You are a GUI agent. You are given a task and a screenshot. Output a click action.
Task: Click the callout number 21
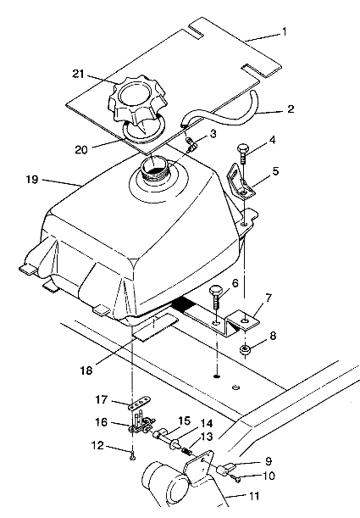[x=78, y=74]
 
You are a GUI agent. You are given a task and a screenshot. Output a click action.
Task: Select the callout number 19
[x=32, y=180]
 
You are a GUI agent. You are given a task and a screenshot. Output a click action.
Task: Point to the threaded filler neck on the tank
[x=154, y=170]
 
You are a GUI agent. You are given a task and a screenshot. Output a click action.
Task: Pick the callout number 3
[x=213, y=134]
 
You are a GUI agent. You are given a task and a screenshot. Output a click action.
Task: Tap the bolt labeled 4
[x=242, y=153]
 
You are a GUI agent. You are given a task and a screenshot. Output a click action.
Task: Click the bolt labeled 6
[x=217, y=297]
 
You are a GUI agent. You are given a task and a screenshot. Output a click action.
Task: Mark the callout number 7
[x=268, y=298]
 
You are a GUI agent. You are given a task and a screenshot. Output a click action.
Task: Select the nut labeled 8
[x=245, y=349]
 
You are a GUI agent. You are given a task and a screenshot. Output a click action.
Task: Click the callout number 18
[x=86, y=370]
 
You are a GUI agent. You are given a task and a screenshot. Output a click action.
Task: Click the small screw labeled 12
[x=132, y=457]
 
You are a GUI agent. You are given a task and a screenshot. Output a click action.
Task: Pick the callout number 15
[x=185, y=421]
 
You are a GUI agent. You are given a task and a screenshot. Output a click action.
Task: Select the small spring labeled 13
[x=187, y=450]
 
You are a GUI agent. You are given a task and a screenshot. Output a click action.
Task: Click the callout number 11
[x=253, y=496]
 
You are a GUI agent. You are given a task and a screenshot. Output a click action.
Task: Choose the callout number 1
[x=284, y=31]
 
